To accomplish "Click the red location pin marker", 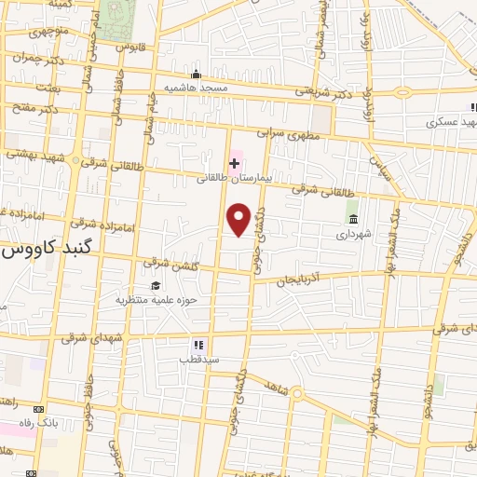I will [239, 219].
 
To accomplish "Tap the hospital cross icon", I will [234, 163].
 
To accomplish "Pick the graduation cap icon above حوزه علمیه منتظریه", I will [156, 286].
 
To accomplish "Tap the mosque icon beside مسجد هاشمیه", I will [195, 76].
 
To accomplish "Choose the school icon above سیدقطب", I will [198, 343].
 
